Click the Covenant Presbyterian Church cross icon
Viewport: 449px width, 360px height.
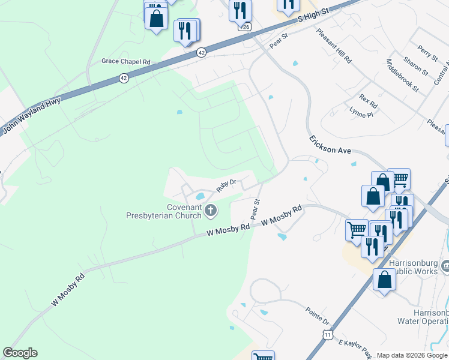tap(210, 210)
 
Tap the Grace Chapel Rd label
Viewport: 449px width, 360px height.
tap(125, 61)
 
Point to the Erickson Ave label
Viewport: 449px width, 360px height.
tap(330, 145)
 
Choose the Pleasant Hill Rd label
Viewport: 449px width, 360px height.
tap(334, 46)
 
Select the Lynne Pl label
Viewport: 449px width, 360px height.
tap(361, 111)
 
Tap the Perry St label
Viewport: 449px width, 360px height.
tap(428, 53)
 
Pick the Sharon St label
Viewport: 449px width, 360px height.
tap(415, 67)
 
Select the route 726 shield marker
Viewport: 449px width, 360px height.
tap(245, 27)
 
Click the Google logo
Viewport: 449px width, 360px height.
tap(20, 353)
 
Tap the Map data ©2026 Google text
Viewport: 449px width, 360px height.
tap(412, 355)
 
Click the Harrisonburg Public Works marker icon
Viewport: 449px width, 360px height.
tap(445, 265)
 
